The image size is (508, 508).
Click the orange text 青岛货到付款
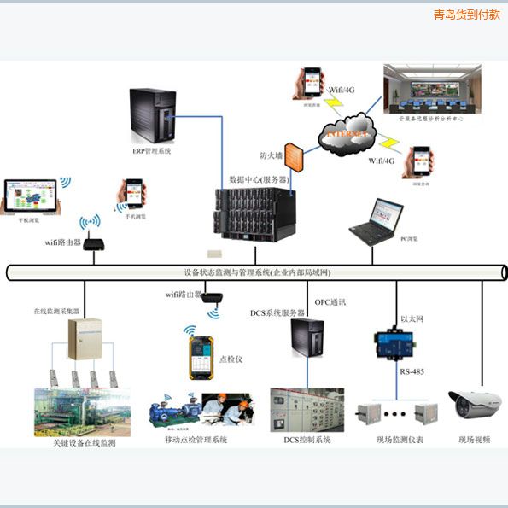tap(466, 15)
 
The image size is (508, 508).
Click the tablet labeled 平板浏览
tap(30, 196)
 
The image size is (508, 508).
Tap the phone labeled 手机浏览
tap(133, 194)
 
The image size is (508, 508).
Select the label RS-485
tap(412, 372)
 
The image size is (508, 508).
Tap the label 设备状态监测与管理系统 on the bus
tap(256, 272)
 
